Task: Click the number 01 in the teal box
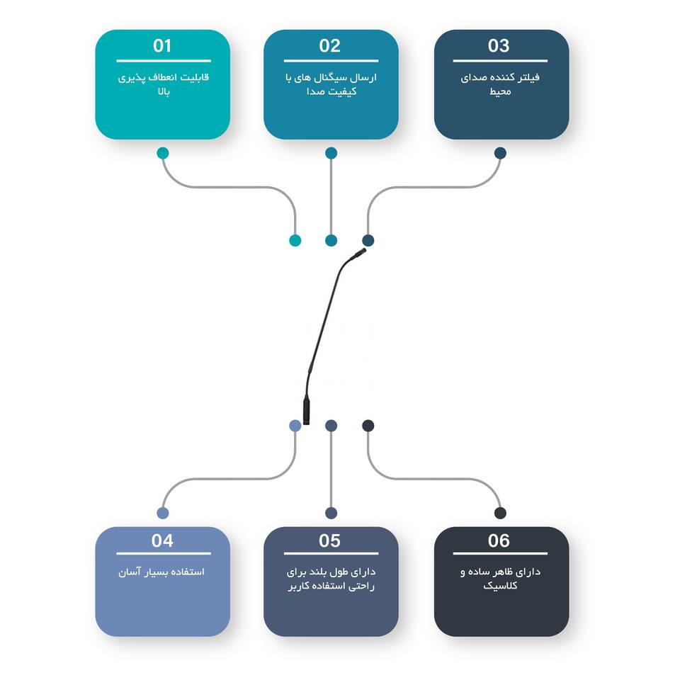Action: [x=163, y=46]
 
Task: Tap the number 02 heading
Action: [x=330, y=46]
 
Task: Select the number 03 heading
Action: [x=499, y=46]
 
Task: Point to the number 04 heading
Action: [x=162, y=540]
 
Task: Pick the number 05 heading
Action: [x=330, y=540]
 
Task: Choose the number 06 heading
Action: [x=499, y=540]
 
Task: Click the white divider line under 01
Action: [x=164, y=61]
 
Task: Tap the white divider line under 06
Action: [x=500, y=553]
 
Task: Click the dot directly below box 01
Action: [x=163, y=153]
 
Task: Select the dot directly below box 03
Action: [x=500, y=153]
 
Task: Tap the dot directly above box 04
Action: [x=163, y=513]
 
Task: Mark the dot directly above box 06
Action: [x=500, y=513]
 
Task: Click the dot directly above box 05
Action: [x=331, y=513]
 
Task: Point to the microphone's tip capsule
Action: [x=360, y=252]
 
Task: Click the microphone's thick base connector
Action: [x=306, y=412]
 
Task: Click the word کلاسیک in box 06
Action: [x=500, y=586]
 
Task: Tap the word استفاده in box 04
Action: [x=188, y=572]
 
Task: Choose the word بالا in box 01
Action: [x=164, y=91]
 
